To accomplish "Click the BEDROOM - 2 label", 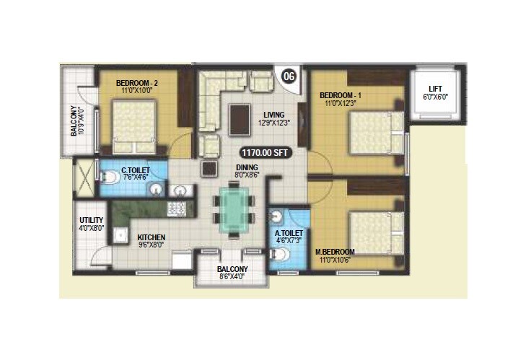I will click(137, 83).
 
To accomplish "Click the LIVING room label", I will click(273, 115).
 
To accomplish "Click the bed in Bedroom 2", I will click(134, 123).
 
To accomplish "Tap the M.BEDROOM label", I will click(335, 253).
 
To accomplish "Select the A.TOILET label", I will click(288, 234).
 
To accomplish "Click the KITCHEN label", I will click(152, 237).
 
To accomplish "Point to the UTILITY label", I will click(92, 220).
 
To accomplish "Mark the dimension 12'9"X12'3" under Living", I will click(273, 123).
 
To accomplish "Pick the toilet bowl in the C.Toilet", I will click(109, 185).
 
